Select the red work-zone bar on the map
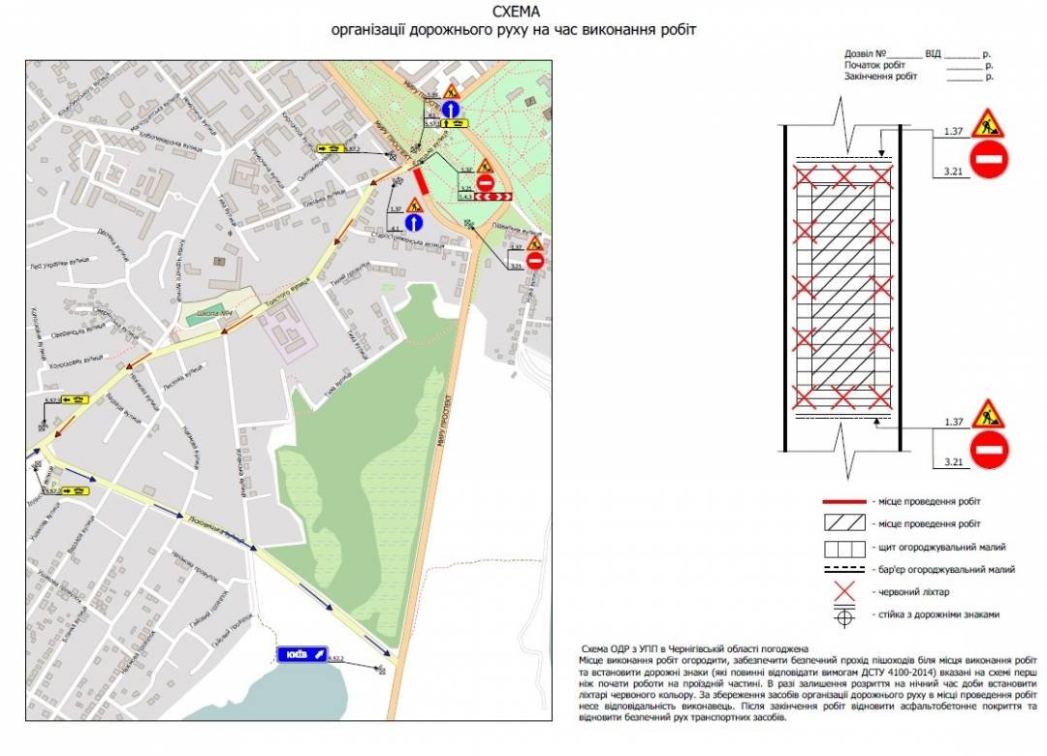click(421, 181)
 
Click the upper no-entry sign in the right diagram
click(989, 159)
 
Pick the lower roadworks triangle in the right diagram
click(989, 415)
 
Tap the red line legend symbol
click(845, 501)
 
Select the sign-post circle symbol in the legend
click(845, 614)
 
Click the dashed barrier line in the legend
click(845, 569)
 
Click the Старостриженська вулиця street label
click(407, 239)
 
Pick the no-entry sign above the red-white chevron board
click(486, 181)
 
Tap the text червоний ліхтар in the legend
click(911, 592)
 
